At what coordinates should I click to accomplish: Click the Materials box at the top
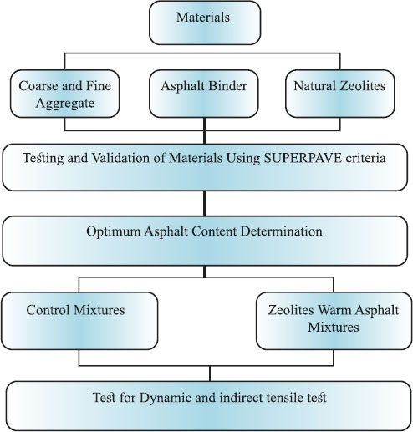pyautogui.click(x=205, y=23)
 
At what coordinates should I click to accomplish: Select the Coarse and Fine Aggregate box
pyautogui.click(x=65, y=94)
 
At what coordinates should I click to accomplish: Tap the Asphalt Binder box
pyautogui.click(x=204, y=94)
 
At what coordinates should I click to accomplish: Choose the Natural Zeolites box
pyautogui.click(x=340, y=94)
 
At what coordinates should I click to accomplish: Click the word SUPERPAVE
pyautogui.click(x=303, y=158)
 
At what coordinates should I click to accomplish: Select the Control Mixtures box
pyautogui.click(x=79, y=321)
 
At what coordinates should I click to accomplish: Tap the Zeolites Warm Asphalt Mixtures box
pyautogui.click(x=334, y=321)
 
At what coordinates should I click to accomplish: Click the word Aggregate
pyautogui.click(x=65, y=104)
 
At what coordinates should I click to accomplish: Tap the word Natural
pyautogui.click(x=314, y=86)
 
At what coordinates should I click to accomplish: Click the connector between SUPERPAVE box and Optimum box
pyautogui.click(x=205, y=203)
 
